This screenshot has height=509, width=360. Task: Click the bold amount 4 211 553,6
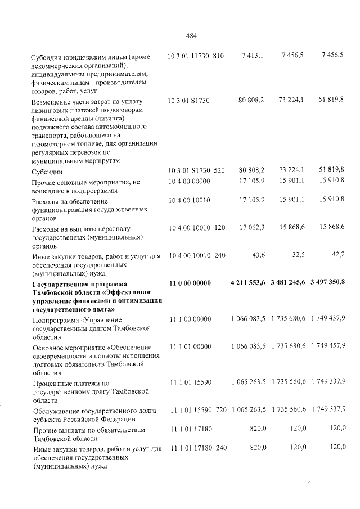point(248,282)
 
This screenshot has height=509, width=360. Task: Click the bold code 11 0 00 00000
point(190,282)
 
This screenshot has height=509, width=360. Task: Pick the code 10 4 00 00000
point(189,182)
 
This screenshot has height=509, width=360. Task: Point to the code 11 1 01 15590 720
point(197,412)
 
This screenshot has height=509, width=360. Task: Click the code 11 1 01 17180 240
point(197,448)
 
